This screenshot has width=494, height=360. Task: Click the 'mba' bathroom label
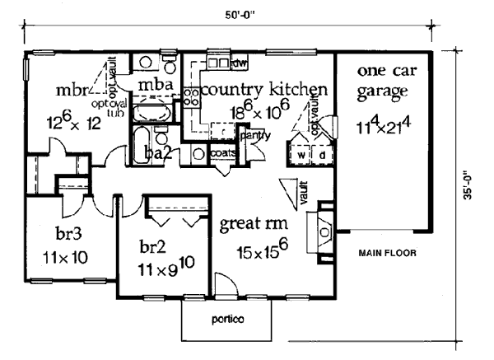(155, 86)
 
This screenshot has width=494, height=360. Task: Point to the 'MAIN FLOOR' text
(385, 253)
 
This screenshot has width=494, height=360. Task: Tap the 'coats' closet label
(223, 152)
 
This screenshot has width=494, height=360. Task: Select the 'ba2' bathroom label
(158, 152)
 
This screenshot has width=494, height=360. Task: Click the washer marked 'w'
(301, 154)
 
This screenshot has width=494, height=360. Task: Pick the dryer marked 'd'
(322, 154)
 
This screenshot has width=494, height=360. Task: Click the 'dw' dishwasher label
(240, 63)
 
